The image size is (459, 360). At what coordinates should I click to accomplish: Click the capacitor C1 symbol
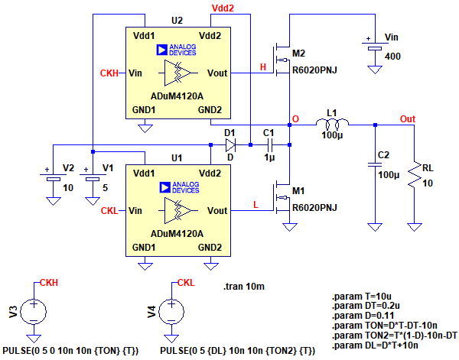click(269, 144)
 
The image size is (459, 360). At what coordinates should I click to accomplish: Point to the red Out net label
click(408, 119)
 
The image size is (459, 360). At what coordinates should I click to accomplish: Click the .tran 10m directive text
click(245, 287)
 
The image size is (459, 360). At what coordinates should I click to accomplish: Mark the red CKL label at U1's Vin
click(110, 210)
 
